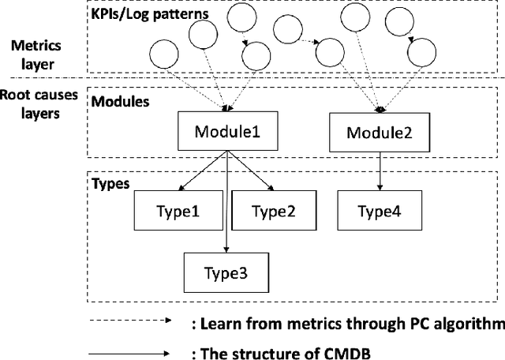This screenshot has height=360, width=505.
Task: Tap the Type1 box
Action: coord(179,211)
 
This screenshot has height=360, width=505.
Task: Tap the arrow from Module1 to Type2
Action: coord(250,171)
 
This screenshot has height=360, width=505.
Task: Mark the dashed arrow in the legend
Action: coord(129,321)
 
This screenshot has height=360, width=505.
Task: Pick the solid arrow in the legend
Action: coord(129,353)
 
